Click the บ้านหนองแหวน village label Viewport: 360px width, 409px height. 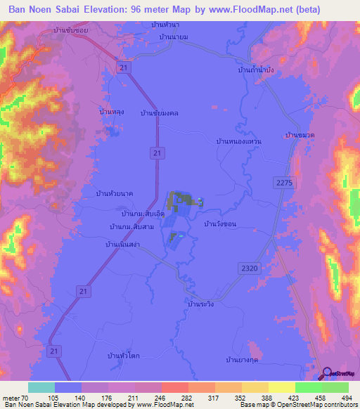tap(239, 141)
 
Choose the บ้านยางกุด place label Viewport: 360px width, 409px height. tap(243, 360)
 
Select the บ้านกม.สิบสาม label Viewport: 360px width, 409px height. tap(131, 226)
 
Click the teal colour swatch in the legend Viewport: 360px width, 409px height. tap(41, 387)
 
